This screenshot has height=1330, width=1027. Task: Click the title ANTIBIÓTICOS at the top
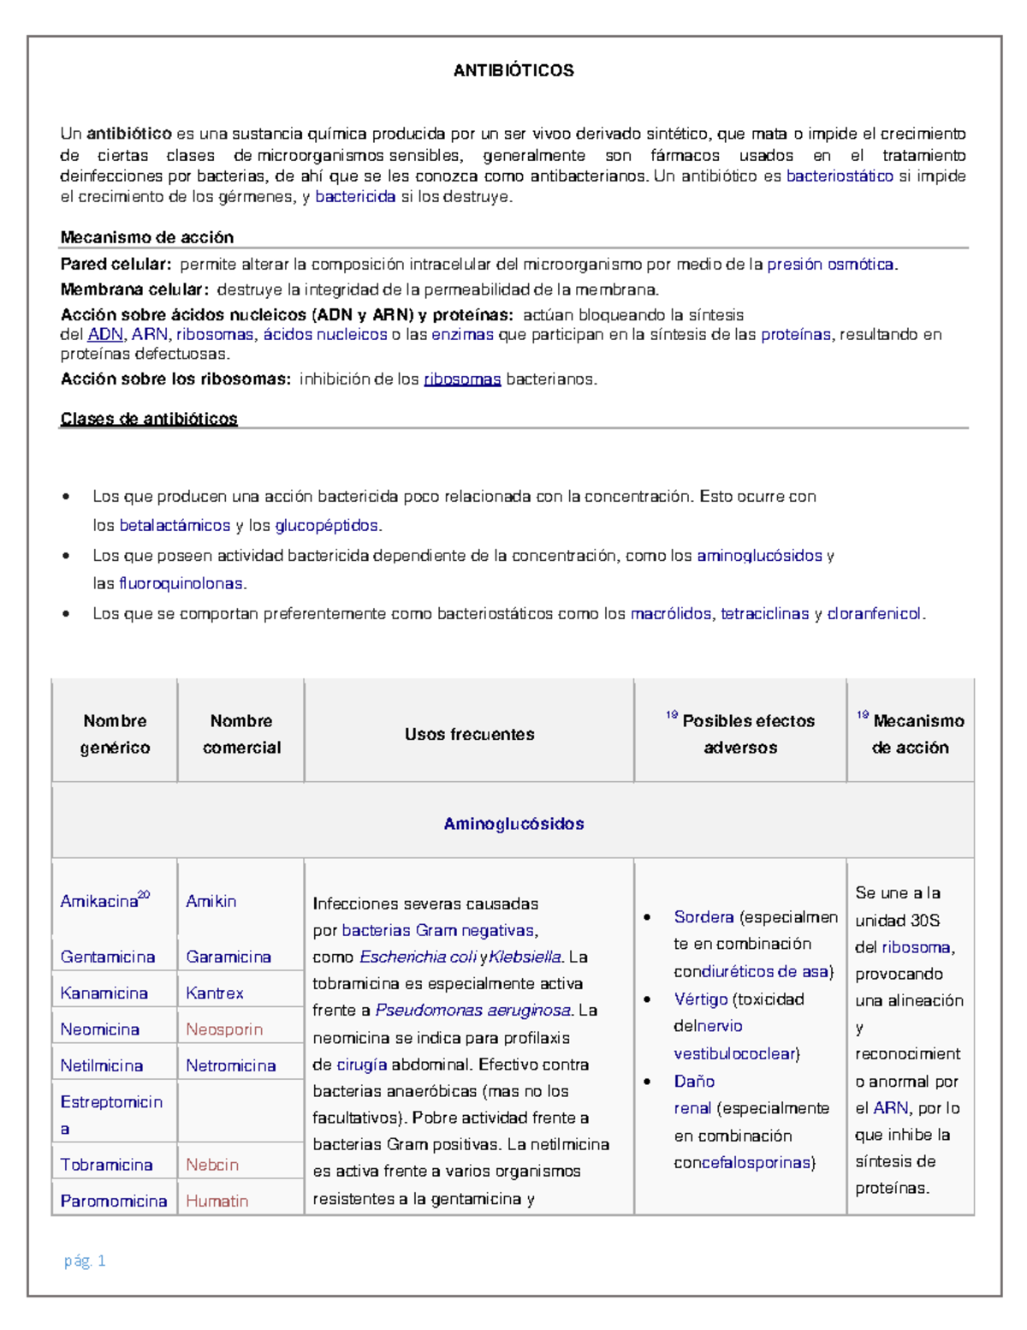(513, 71)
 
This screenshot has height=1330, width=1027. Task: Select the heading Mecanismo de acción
(146, 237)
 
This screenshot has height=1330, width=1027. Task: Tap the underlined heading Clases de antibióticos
(149, 419)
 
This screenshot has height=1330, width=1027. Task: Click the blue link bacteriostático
(840, 176)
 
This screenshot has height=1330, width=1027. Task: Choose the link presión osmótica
(830, 265)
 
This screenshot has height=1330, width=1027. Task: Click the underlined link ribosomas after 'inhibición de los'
(462, 379)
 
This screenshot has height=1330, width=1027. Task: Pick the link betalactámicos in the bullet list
(175, 525)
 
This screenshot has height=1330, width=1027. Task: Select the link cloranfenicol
(874, 613)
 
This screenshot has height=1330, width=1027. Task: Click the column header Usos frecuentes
(469, 734)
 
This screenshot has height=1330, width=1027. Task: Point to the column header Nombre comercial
(241, 734)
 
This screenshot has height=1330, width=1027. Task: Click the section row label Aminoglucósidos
(513, 824)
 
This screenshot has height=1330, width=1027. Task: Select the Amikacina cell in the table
(99, 901)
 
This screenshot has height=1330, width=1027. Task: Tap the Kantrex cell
(215, 993)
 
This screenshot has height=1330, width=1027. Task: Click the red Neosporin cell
(224, 1029)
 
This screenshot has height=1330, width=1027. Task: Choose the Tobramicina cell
(106, 1165)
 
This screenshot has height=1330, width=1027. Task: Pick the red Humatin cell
(217, 1201)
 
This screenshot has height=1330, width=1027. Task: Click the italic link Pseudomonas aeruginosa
(472, 1011)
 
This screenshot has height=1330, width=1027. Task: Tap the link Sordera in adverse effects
(703, 917)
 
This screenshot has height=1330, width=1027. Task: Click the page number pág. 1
(85, 1261)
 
